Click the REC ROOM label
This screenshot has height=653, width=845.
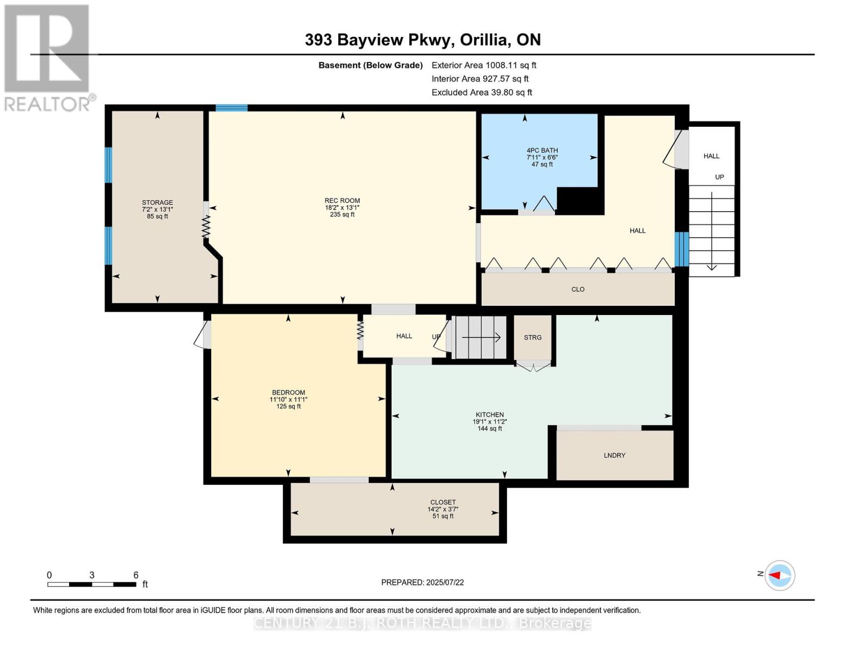pos(342,200)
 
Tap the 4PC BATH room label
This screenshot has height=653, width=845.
pos(542,150)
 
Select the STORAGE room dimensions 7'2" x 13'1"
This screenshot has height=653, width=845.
pos(157,210)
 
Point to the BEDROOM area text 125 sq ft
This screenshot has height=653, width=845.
pos(288,406)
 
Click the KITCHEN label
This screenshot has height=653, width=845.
pos(490,414)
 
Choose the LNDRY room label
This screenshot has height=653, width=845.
pos(614,455)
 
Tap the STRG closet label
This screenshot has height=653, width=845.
pos(533,337)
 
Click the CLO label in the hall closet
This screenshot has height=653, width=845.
pos(578,289)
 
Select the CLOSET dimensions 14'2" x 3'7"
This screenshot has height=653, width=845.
pos(443,509)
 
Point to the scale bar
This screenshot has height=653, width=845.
pos(91,584)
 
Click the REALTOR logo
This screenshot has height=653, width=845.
pos(48,57)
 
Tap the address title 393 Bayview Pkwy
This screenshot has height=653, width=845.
pos(422,40)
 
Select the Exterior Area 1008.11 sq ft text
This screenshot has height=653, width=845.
pos(484,65)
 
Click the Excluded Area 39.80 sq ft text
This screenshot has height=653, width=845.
pos(482,93)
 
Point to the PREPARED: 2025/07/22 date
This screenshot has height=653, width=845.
pos(422,582)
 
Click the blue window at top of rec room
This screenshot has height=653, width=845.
pos(231,108)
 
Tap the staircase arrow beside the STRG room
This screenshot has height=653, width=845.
pos(481,337)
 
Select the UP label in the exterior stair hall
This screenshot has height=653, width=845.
pos(719,177)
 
